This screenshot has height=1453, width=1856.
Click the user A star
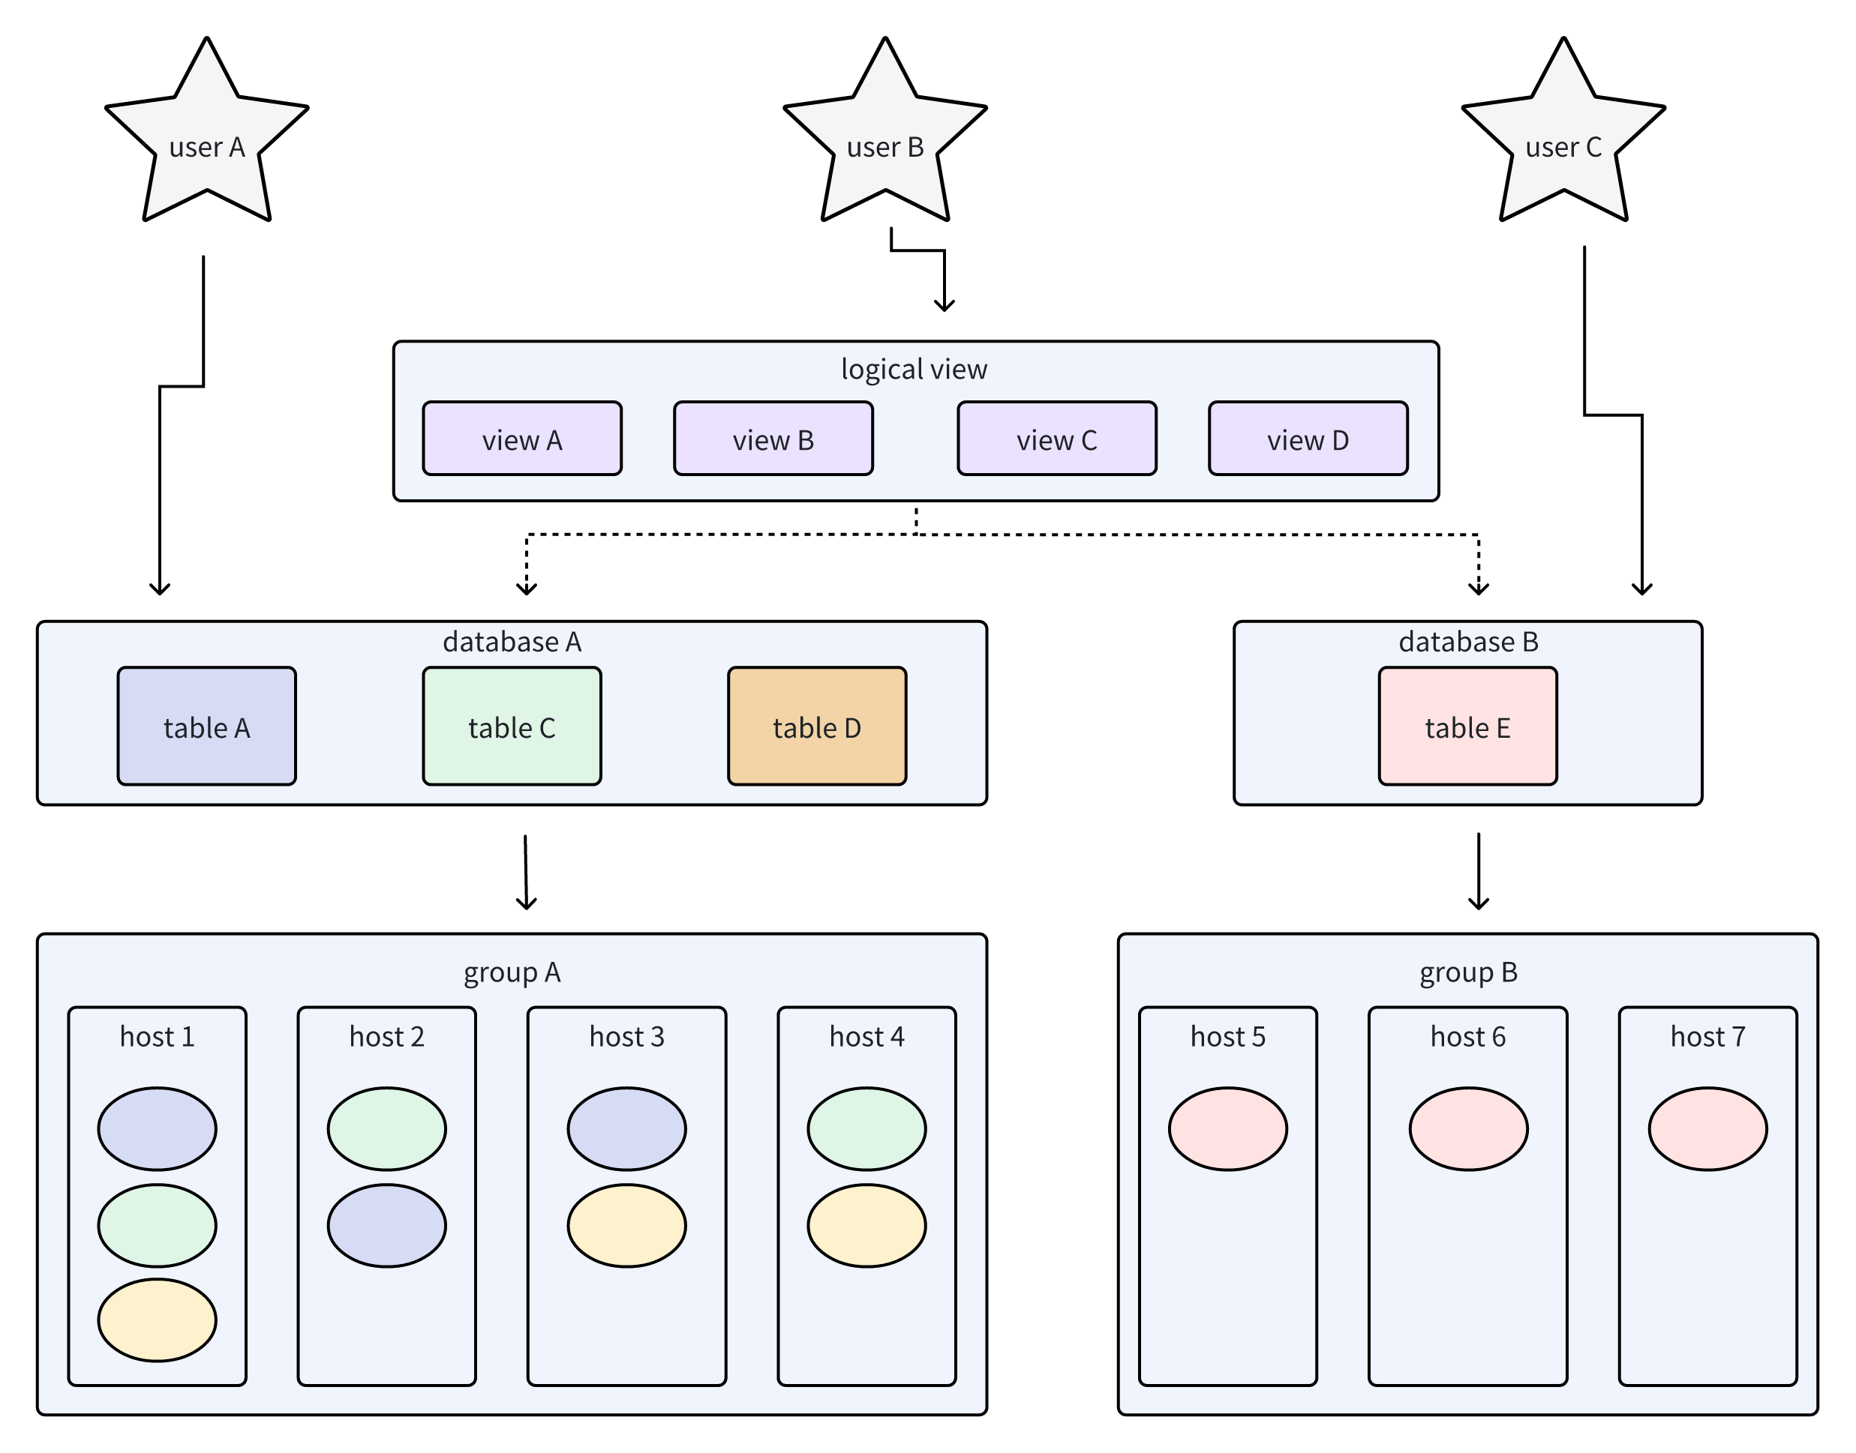207,140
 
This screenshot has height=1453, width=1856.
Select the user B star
885,140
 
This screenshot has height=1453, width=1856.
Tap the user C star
1563,140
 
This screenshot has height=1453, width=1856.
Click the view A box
521,439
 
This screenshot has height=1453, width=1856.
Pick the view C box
1056,439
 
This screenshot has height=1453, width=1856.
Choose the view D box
1307,439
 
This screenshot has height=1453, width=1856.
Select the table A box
207,726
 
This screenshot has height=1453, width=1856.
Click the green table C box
512,726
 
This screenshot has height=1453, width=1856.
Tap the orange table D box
816,726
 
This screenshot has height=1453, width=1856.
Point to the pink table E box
1467,726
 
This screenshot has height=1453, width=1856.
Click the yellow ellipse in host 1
158,1320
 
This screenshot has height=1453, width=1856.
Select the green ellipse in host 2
386,1128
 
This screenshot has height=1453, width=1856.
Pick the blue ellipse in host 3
626,1128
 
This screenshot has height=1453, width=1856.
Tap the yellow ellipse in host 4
866,1225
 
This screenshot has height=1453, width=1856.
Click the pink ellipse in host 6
1468,1128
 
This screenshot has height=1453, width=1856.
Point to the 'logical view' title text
914,369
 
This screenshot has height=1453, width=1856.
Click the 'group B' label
1468,972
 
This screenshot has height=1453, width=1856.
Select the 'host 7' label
1707,1036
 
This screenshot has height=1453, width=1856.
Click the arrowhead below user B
944,306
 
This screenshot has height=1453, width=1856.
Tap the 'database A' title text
512,642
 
